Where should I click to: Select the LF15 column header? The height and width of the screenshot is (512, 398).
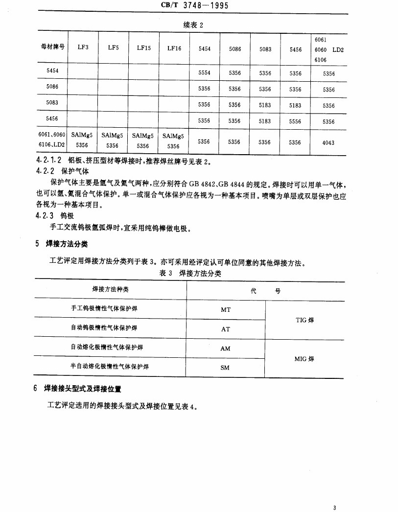144,48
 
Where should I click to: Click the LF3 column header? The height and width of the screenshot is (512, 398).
83,48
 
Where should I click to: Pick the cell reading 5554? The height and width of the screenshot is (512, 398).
204,73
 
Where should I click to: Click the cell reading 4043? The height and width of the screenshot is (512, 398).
328,142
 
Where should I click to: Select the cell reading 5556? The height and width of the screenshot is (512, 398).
295,121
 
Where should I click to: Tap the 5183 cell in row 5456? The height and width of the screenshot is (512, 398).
265,121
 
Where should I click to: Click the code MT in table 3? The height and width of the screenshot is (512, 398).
226,310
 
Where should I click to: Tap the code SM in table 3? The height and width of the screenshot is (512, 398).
225,368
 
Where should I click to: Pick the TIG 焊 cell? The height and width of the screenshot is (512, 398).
304,320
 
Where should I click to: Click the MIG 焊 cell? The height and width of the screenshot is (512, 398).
304,359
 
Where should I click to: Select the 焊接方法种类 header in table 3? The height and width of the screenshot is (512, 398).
110,290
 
